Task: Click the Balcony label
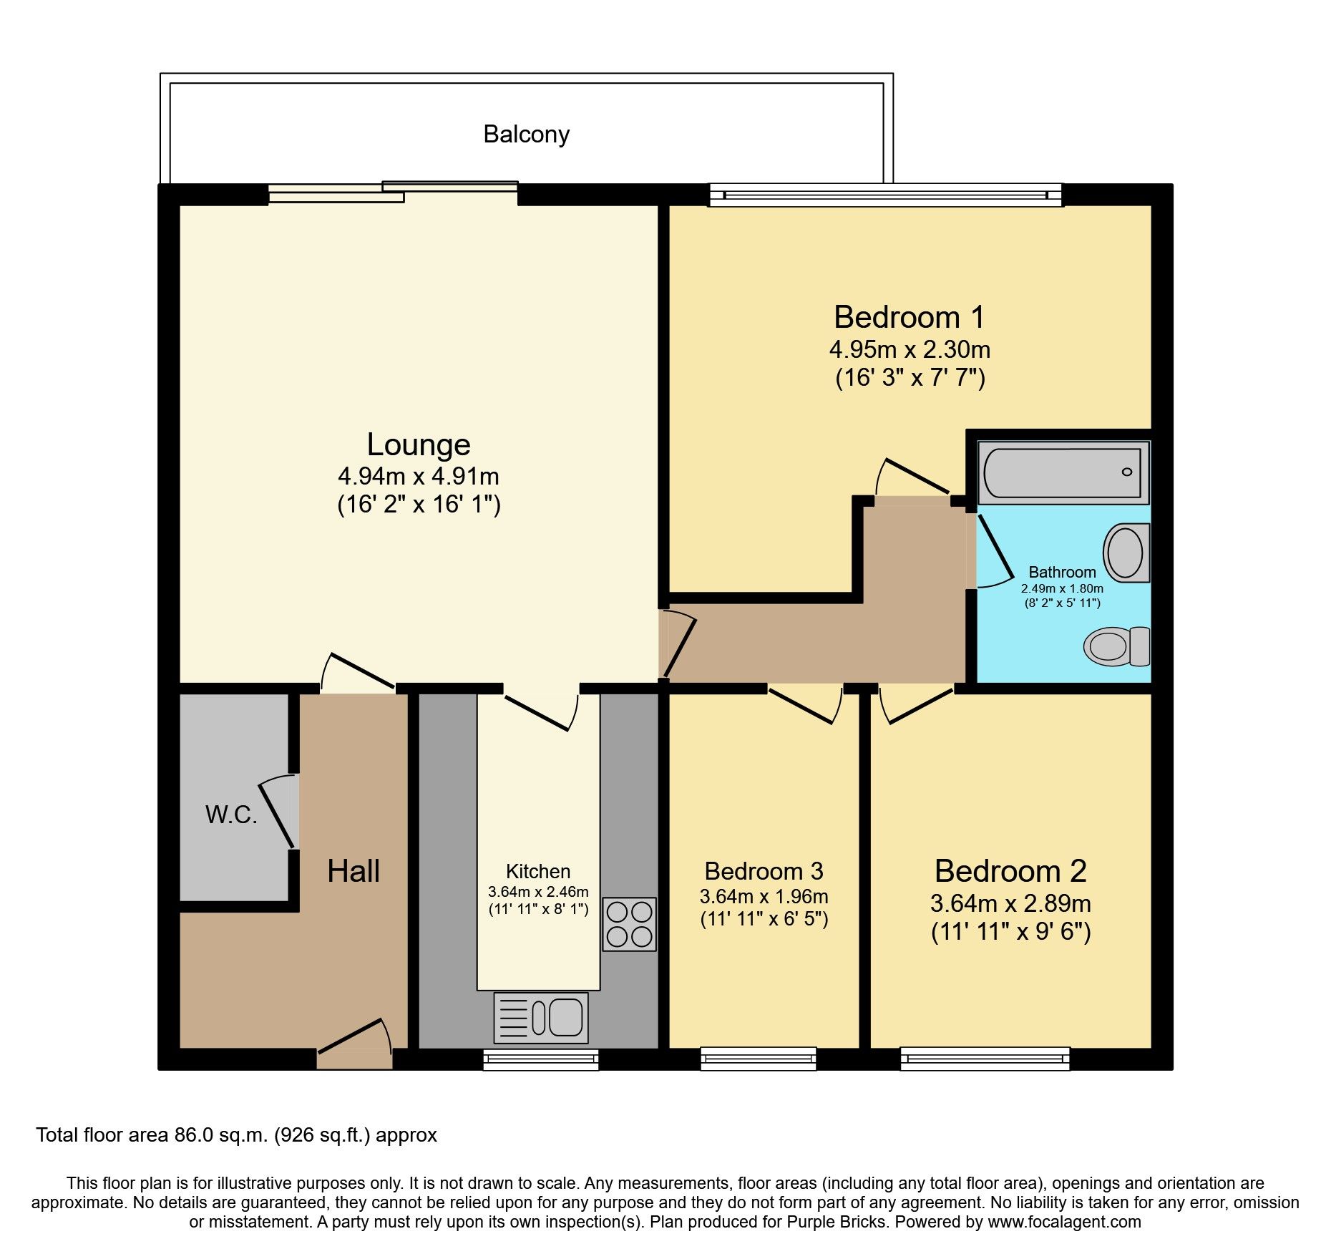pyautogui.click(x=526, y=135)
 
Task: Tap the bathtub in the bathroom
pyautogui.click(x=1063, y=472)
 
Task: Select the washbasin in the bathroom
pyautogui.click(x=1126, y=553)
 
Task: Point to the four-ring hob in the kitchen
pyautogui.click(x=629, y=924)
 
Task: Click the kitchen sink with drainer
pyautogui.click(x=541, y=1017)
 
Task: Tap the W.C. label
pyautogui.click(x=231, y=815)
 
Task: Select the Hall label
pyautogui.click(x=354, y=871)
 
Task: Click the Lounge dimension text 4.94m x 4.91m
pyautogui.click(x=419, y=476)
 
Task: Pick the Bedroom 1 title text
pyautogui.click(x=910, y=317)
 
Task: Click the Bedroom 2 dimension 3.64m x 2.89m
pyautogui.click(x=1010, y=903)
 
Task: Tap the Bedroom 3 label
pyautogui.click(x=764, y=871)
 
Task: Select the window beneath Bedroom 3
pyautogui.click(x=759, y=1059)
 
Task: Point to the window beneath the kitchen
pyautogui.click(x=540, y=1059)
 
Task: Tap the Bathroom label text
pyautogui.click(x=1062, y=572)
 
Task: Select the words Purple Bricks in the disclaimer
pyautogui.click(x=837, y=1222)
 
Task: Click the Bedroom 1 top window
pyautogui.click(x=885, y=195)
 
